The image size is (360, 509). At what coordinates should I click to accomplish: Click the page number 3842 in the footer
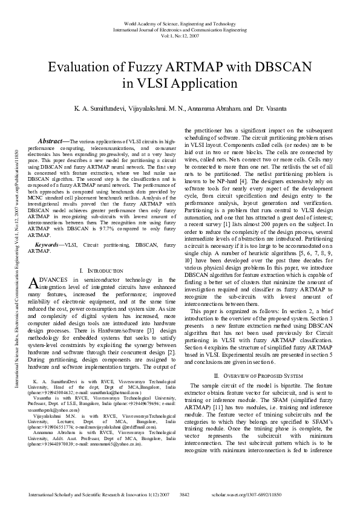186,494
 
